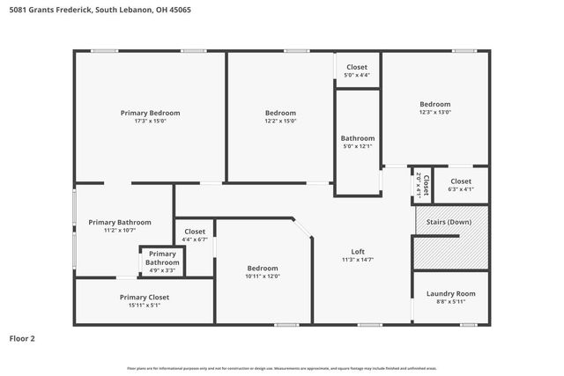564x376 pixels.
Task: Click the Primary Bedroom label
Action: [x=150, y=113]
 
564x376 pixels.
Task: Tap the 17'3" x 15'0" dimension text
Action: [x=150, y=122]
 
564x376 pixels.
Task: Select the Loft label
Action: [x=358, y=251]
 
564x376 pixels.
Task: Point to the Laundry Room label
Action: [x=450, y=293]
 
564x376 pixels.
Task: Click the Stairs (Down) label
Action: [x=450, y=222]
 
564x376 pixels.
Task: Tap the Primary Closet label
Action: [x=145, y=297]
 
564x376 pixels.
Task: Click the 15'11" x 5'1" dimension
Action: [x=145, y=306]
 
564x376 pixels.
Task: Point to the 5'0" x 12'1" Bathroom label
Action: [x=358, y=138]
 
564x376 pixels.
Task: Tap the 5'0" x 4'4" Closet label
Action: [x=357, y=67]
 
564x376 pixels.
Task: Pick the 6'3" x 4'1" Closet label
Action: [x=461, y=181]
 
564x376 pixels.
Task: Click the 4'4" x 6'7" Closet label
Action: [x=195, y=232]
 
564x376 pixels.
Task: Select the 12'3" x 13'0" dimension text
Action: [x=434, y=112]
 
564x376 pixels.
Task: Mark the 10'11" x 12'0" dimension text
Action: [x=263, y=276]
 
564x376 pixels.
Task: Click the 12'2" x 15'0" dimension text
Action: [x=280, y=122]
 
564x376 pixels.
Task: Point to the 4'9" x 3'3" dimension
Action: [x=162, y=270]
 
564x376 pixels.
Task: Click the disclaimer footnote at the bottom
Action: [x=281, y=367]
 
